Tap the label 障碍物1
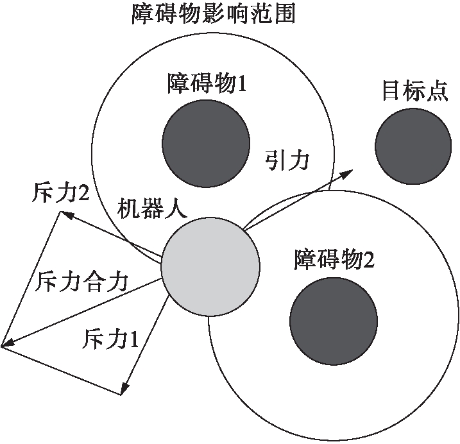coord(207,84)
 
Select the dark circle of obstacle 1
coord(206,142)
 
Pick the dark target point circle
coord(413,145)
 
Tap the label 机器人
coord(151,209)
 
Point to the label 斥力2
coord(59,192)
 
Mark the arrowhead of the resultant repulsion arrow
coord(6,346)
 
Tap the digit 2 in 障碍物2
coord(368,260)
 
